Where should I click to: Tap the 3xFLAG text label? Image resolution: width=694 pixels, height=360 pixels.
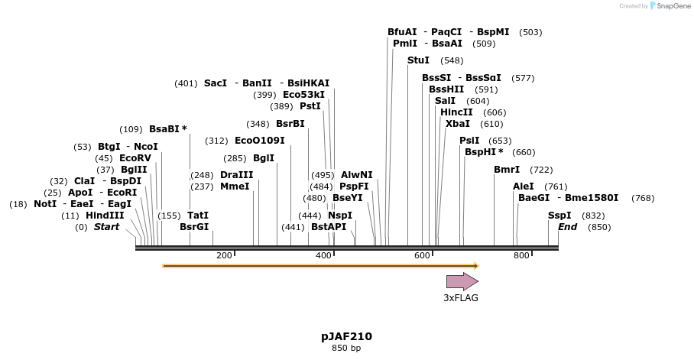point(461,298)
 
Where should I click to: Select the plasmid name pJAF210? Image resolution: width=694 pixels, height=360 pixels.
point(346,336)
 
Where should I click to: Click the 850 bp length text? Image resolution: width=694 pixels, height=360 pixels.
point(346,349)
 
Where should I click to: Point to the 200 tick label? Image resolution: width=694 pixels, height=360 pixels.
point(224,255)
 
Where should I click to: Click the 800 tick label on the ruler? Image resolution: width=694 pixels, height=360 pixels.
point(521,255)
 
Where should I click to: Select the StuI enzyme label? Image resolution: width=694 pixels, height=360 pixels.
point(418,60)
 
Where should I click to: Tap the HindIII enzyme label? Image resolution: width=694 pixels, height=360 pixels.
point(105,216)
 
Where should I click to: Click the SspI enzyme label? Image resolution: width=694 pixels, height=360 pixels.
point(559,216)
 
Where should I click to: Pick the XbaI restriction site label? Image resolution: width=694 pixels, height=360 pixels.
point(458,124)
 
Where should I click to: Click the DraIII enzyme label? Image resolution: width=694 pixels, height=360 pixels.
point(236,175)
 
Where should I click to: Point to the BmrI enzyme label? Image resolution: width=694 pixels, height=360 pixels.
point(507,170)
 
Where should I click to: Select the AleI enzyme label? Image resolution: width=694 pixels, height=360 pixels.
point(524,186)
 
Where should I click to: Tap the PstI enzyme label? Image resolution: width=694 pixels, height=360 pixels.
point(310,106)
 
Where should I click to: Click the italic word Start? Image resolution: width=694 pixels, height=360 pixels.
point(107,227)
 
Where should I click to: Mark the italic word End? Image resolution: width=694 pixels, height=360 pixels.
point(567,227)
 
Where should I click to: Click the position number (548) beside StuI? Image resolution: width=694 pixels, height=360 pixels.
point(452,60)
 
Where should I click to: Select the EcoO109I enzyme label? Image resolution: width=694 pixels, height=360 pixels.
point(260,141)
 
